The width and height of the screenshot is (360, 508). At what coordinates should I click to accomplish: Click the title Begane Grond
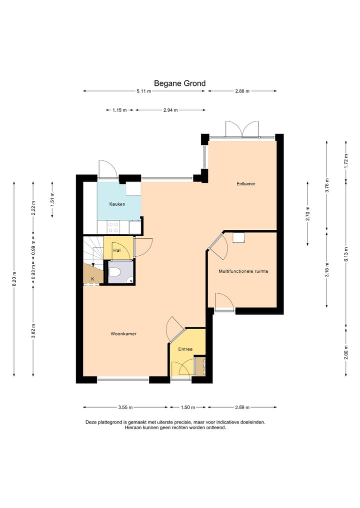coord(179,83)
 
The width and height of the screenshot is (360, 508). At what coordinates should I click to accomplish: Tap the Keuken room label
coord(117,204)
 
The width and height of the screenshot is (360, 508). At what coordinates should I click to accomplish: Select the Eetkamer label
coord(246,184)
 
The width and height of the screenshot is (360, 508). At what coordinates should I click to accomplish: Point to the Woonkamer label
coord(123,334)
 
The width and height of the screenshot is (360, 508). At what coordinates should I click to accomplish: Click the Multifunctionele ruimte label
coord(243,271)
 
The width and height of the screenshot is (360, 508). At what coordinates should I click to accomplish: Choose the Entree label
coord(185,349)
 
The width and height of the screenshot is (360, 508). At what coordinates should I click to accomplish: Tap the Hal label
coord(117,250)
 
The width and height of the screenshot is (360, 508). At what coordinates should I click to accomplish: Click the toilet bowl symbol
coord(114,272)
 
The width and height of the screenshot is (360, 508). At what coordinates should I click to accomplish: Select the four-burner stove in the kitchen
coord(113,227)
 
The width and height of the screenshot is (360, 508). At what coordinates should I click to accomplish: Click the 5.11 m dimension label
coord(144,91)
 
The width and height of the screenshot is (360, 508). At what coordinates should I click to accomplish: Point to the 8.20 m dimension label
coord(14,279)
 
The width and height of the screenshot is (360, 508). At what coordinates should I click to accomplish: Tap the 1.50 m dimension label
coord(188,407)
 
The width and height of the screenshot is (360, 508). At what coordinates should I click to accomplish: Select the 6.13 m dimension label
coord(346,254)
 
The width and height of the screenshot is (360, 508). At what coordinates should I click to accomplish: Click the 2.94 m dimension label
coord(170,110)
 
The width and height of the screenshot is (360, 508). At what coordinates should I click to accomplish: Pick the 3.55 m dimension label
coord(125,407)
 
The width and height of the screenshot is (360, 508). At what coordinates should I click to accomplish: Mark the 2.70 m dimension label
coord(308,213)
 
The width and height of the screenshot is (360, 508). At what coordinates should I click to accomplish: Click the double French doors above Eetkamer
coord(242,129)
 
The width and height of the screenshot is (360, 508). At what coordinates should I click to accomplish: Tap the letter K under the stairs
coord(92,279)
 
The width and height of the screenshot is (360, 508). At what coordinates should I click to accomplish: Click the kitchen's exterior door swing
coord(108,169)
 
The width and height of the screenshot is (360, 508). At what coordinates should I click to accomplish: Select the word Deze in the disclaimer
coord(91,422)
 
